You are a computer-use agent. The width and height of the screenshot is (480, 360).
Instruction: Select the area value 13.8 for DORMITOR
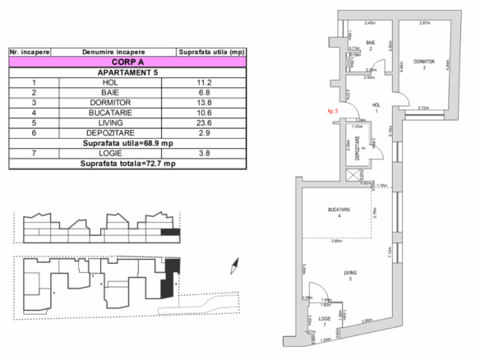205,102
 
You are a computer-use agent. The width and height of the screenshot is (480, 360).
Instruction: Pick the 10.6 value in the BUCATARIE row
205,112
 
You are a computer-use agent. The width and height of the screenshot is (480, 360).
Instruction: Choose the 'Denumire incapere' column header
113,52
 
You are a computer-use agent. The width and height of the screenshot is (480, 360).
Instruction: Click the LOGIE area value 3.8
205,153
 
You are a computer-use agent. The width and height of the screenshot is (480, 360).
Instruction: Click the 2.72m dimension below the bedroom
424,107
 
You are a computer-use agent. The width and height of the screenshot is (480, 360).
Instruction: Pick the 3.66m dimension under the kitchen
337,242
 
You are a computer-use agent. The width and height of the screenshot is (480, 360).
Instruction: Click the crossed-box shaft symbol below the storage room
355,175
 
